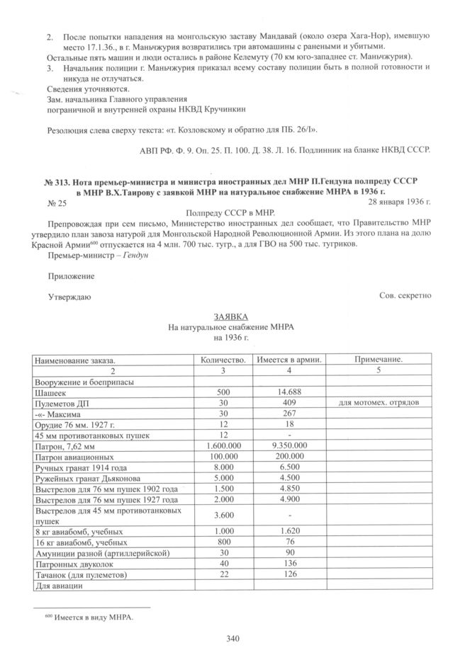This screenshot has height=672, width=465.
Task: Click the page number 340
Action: pos(232,639)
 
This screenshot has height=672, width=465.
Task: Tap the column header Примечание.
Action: pos(379,360)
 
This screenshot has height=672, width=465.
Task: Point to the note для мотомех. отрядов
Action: pos(379,402)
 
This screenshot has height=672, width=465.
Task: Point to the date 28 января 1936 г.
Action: pos(394,203)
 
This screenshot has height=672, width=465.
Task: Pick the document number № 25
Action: pos(57,204)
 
